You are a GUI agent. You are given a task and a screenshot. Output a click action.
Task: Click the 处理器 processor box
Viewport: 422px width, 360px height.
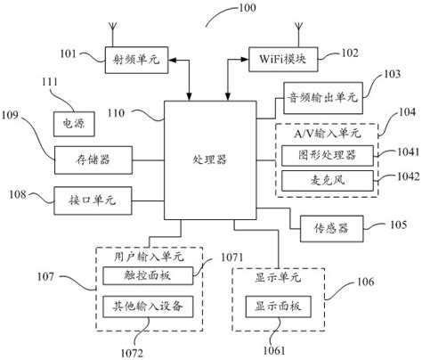(x=209, y=160)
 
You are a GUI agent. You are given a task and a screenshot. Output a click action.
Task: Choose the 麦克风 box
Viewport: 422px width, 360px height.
(x=326, y=180)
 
